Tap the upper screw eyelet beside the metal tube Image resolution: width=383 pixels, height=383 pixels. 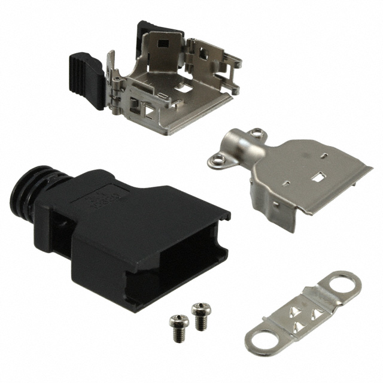tap(257, 132)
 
